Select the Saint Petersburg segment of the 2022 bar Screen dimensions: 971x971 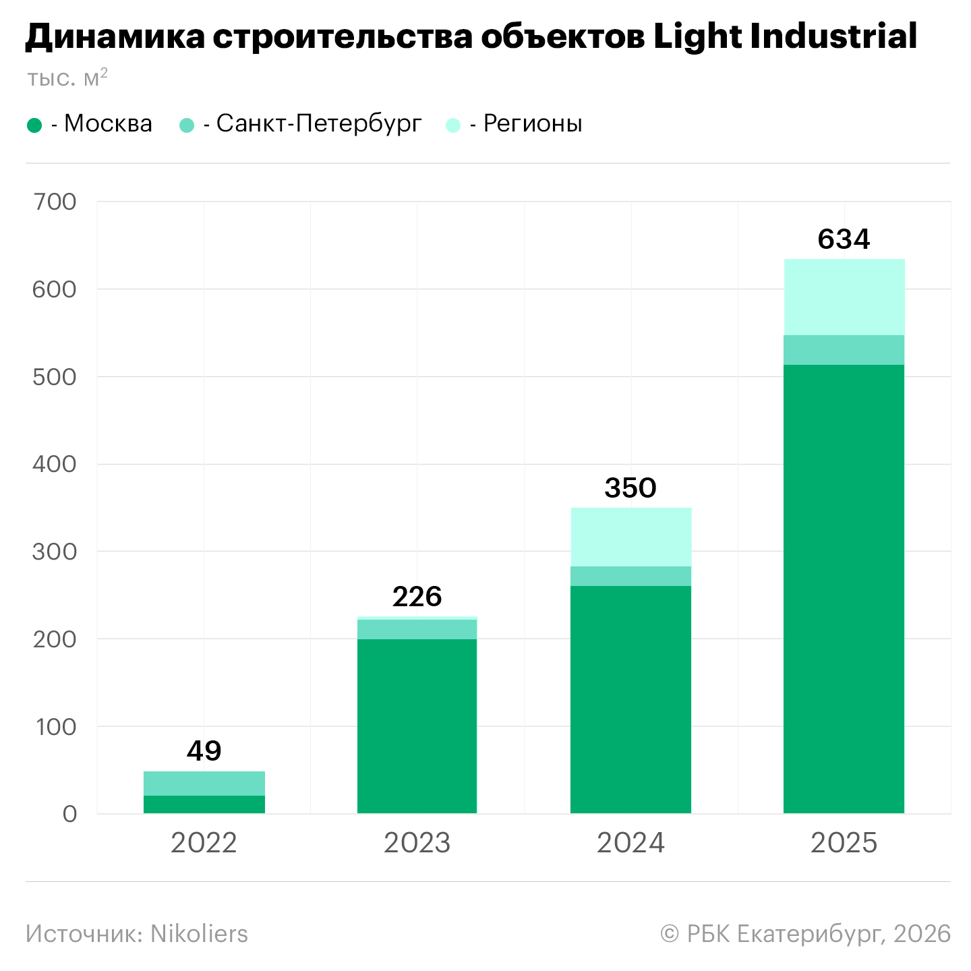204,784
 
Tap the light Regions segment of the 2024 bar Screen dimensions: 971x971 630,537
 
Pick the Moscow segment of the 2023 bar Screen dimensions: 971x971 417,726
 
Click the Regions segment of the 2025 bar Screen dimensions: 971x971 844,297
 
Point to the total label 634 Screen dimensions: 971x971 844,239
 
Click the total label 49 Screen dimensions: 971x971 204,751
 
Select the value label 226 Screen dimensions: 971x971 417,597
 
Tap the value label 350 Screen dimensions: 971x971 630,488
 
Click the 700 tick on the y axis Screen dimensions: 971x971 55,202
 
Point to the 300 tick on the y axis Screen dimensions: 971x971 55,552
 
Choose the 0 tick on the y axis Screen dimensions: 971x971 69,814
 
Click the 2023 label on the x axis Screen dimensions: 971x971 417,843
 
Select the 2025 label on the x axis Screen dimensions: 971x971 844,843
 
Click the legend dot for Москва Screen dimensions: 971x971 34,125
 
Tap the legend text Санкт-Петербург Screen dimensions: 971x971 319,124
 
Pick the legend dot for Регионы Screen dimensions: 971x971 453,125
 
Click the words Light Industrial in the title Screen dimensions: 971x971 785,36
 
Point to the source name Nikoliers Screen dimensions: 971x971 199,934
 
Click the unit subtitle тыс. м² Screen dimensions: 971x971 67,78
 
